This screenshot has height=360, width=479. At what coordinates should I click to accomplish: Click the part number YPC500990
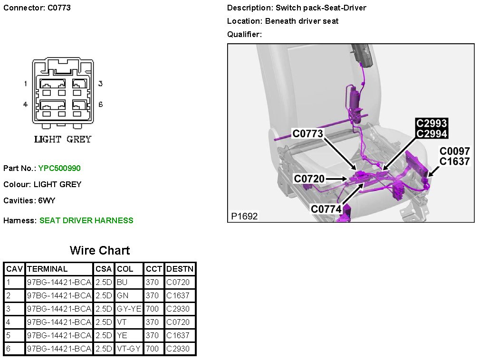click(x=56, y=168)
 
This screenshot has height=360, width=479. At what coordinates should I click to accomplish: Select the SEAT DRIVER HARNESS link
click(x=86, y=220)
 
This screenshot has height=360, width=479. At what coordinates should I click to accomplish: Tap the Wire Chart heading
click(x=100, y=250)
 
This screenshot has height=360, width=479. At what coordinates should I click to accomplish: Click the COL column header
click(x=125, y=269)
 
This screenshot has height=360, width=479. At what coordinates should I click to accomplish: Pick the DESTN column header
click(x=180, y=269)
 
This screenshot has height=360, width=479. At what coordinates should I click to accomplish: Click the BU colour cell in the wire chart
click(x=122, y=282)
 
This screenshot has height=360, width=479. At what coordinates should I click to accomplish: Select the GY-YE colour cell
click(x=129, y=309)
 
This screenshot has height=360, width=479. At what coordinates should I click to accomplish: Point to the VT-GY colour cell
click(x=128, y=349)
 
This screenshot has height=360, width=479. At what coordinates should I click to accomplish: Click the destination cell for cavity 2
click(x=178, y=295)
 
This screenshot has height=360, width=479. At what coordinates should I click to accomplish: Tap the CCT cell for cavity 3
click(x=152, y=309)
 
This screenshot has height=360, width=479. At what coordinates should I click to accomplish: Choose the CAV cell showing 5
click(x=8, y=335)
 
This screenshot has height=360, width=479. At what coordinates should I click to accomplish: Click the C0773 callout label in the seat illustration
click(x=308, y=134)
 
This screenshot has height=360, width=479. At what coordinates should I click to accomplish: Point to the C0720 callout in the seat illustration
click(x=309, y=179)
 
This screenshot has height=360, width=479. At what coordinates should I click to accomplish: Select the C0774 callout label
click(x=326, y=209)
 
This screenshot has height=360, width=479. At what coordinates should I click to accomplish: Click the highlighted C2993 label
click(x=431, y=124)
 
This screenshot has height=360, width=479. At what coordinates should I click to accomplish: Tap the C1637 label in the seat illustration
click(x=454, y=161)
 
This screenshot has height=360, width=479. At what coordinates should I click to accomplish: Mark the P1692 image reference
click(x=244, y=216)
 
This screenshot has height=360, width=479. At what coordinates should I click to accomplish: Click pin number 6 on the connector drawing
click(x=100, y=104)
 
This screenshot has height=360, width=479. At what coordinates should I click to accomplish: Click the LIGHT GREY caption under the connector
click(x=62, y=139)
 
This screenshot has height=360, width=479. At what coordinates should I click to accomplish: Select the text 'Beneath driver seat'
click(x=302, y=21)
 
